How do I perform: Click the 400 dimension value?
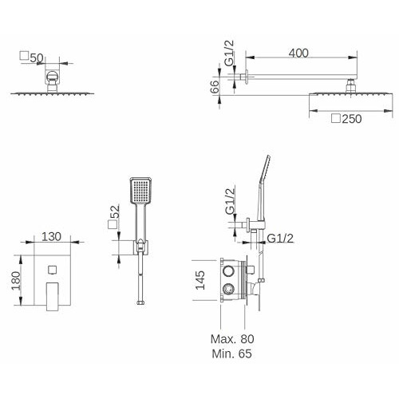click(298, 53)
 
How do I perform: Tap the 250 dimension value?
click(352, 119)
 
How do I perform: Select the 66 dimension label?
click(215, 87)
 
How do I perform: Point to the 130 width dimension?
click(51, 236)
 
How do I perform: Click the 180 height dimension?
click(16, 281)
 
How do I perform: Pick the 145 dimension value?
click(200, 280)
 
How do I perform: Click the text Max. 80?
click(232, 339)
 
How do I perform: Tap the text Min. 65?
click(231, 354)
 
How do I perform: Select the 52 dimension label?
click(115, 211)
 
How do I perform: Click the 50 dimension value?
click(37, 58)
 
